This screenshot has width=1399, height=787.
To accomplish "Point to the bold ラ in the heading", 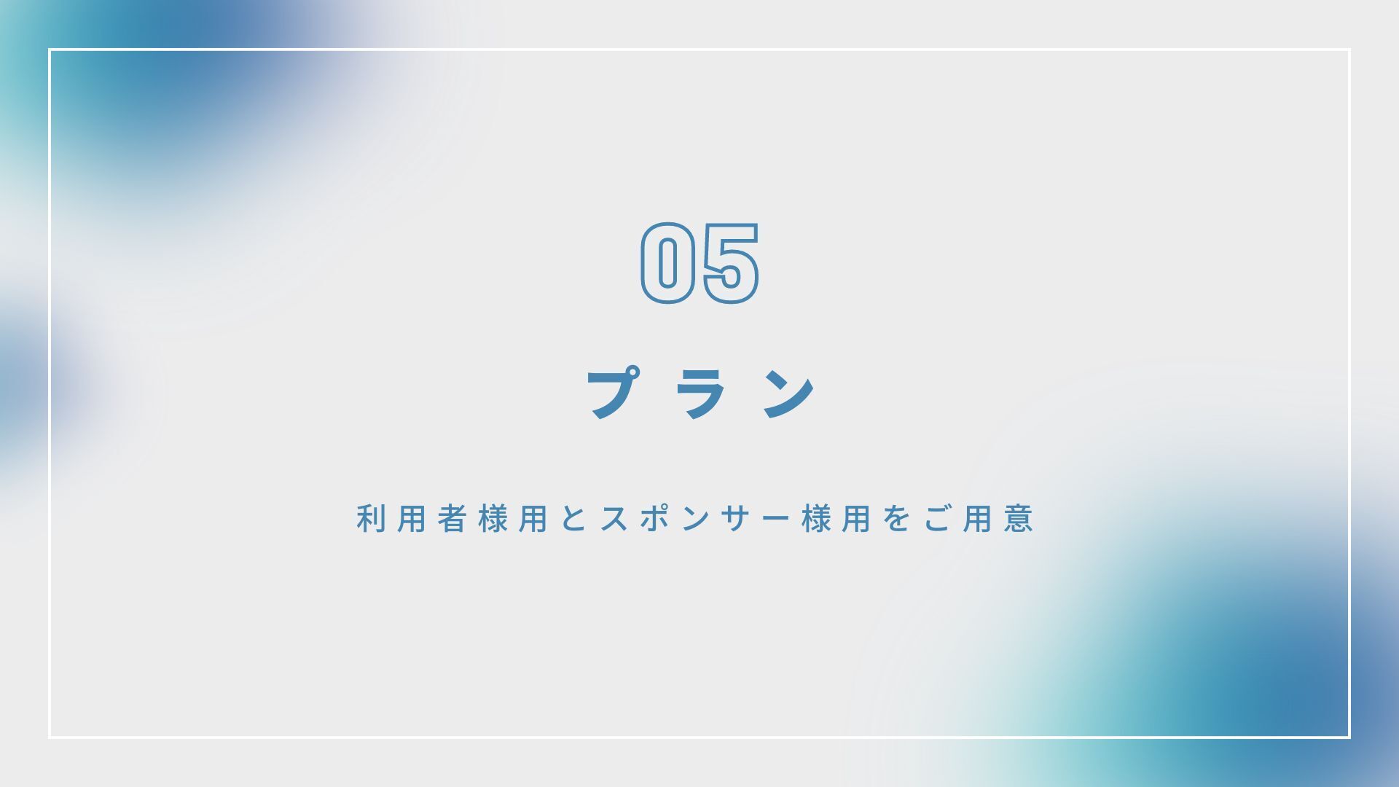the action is tap(701, 393).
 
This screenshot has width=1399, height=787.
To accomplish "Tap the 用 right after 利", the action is tap(411, 518).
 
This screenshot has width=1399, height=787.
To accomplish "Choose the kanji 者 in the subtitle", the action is tap(452, 518).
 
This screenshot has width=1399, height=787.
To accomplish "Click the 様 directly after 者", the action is tap(493, 518).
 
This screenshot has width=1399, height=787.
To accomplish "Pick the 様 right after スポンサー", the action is tap(818, 518).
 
